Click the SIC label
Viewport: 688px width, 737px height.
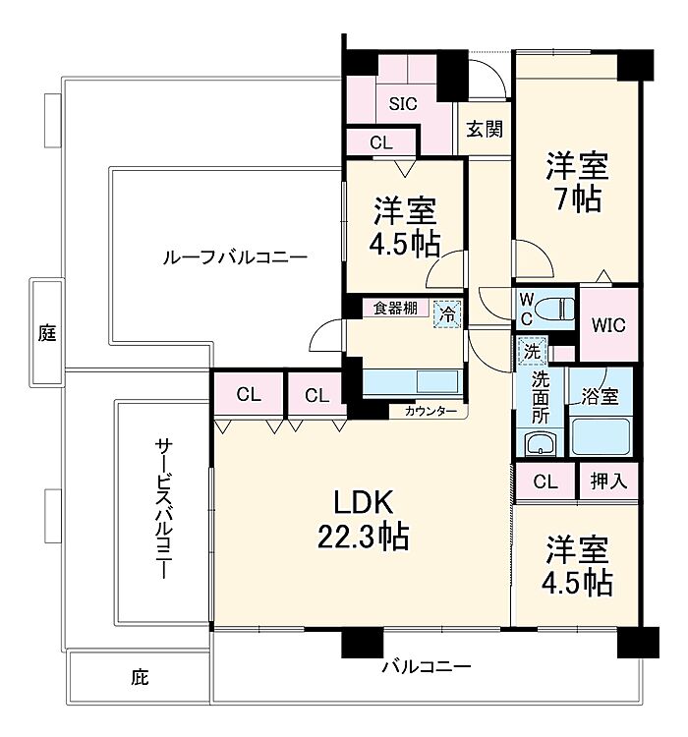pos(403,104)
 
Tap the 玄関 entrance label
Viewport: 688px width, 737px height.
pos(485,129)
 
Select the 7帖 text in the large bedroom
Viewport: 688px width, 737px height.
pos(578,199)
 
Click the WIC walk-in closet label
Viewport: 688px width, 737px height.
pos(608,325)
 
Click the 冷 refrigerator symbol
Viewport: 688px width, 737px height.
pos(447,314)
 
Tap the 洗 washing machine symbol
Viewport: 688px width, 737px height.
pos(532,351)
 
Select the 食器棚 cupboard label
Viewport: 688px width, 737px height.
pos(395,309)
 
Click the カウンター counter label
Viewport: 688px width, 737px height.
pos(430,412)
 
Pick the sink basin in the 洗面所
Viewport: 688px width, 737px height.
pos(541,443)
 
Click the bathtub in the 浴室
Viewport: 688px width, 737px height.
pos(601,436)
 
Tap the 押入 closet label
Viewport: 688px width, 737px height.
pos(608,481)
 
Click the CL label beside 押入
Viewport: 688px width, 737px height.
pos(545,482)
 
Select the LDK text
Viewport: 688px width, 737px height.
pos(363,502)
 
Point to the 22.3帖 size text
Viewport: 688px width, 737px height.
pos(363,537)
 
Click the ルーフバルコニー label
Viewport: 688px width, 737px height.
pos(235,257)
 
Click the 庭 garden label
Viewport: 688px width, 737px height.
pos(47,333)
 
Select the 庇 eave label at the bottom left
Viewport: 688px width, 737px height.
pos(140,677)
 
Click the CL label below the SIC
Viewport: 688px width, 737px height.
pos(381,142)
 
